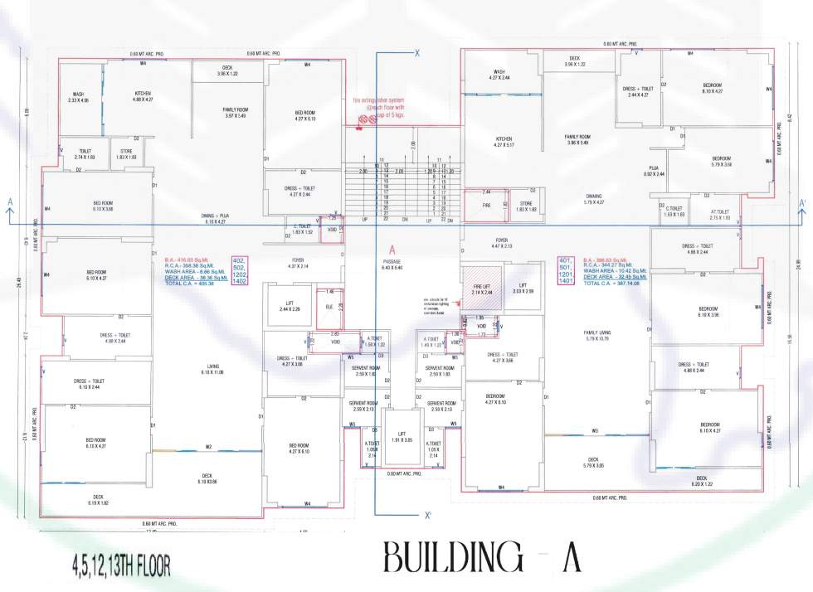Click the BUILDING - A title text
pyautogui.click(x=482, y=559)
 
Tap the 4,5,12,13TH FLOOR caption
pyautogui.click(x=120, y=566)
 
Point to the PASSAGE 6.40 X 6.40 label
pyautogui.click(x=392, y=264)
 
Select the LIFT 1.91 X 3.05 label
pyautogui.click(x=401, y=436)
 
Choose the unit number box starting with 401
pyautogui.click(x=567, y=270)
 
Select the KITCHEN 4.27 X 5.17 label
pyautogui.click(x=504, y=142)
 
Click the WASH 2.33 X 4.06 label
pyautogui.click(x=78, y=98)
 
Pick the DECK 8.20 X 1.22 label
pyautogui.click(x=701, y=481)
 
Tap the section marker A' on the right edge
pyautogui.click(x=802, y=202)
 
